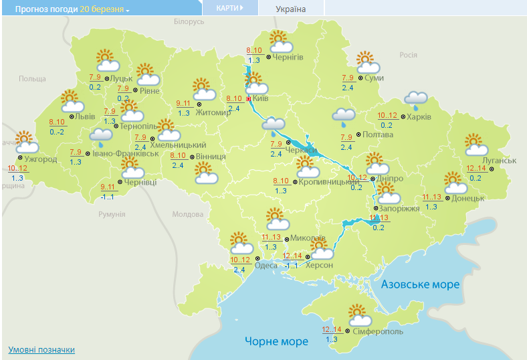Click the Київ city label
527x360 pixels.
pos(261,98)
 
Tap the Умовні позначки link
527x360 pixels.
pos(41,350)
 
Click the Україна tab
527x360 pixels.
pos(291,9)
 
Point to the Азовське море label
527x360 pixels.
pos(420,284)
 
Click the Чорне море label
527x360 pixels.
pos(276,341)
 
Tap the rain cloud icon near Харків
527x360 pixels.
pos(416,100)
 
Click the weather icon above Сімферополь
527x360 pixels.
pos(359,313)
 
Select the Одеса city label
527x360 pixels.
pos(266,265)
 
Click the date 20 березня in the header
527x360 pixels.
pos(102,9)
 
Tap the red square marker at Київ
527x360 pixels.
pos(249,99)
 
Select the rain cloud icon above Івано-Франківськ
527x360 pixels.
pos(101,138)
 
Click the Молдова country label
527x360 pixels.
pos(187,215)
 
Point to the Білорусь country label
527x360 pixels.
pos(189,22)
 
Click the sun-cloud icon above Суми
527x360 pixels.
pos(367,63)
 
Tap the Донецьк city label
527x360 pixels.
pos(467,199)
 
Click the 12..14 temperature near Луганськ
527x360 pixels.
pos(478,168)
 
